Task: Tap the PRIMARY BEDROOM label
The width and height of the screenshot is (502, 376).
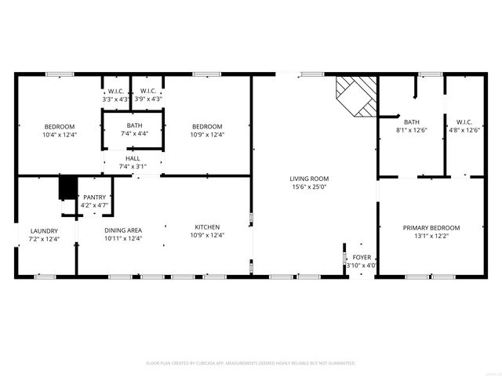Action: pyautogui.click(x=431, y=227)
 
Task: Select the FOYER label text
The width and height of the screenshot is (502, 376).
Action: pyautogui.click(x=362, y=257)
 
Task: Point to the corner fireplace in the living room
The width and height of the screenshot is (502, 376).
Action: pyautogui.click(x=354, y=95)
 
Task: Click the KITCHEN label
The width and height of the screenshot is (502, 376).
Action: pyautogui.click(x=208, y=227)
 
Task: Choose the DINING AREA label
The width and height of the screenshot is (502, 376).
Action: pyautogui.click(x=124, y=230)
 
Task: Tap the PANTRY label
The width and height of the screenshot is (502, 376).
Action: pyautogui.click(x=95, y=197)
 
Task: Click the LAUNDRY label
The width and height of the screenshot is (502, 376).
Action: pyautogui.click(x=45, y=230)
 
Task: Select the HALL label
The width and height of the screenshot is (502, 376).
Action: pyautogui.click(x=133, y=158)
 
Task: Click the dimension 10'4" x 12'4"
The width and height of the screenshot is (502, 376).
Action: pyautogui.click(x=59, y=135)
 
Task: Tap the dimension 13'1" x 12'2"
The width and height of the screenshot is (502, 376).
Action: pyautogui.click(x=431, y=236)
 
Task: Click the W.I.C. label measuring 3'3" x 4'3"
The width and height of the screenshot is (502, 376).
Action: pyautogui.click(x=117, y=91)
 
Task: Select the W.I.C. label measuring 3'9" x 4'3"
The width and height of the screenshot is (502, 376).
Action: pyautogui.click(x=147, y=91)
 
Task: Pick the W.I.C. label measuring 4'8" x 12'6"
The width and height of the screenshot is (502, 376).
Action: pyautogui.click(x=464, y=121)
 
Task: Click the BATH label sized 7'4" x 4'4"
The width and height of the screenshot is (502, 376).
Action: pyautogui.click(x=134, y=125)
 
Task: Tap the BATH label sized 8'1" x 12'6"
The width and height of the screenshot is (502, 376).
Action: pyautogui.click(x=412, y=121)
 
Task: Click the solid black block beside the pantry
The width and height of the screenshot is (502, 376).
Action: pyautogui.click(x=67, y=188)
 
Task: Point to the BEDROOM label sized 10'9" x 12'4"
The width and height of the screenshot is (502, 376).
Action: pyautogui.click(x=208, y=126)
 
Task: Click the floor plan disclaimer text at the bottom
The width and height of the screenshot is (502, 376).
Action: pyautogui.click(x=251, y=363)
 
